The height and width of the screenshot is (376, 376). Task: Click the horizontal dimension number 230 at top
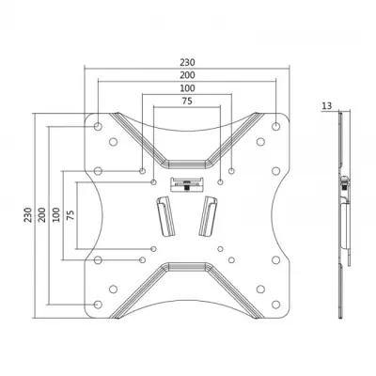point(186,62)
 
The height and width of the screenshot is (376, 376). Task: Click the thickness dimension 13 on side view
point(325,107)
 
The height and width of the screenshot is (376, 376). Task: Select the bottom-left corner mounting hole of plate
point(99,304)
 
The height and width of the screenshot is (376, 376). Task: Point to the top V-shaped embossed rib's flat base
point(186,154)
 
